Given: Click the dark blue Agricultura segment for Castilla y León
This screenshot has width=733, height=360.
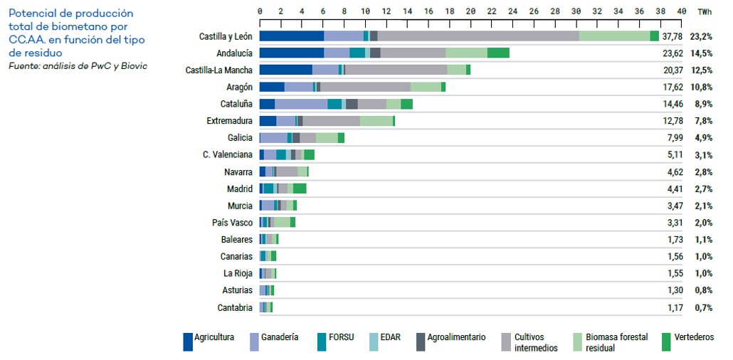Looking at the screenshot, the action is point(292,36).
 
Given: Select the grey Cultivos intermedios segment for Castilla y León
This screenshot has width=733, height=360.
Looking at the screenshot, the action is point(478,36).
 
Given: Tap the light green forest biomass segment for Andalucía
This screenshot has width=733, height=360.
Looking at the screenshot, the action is point(467,53).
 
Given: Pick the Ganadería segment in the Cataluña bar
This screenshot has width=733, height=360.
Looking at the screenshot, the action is point(301,104).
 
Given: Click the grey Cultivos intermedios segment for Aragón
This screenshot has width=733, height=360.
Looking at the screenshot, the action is point(366,87).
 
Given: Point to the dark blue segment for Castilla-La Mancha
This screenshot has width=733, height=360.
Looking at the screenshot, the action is point(286,70).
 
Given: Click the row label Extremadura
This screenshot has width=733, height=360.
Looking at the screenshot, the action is point(230,121).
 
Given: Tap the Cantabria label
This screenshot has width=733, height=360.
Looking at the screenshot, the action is point(235,307).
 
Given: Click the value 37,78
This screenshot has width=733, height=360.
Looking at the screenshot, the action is point(673,36).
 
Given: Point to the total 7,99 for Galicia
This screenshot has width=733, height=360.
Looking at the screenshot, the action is point(675,138).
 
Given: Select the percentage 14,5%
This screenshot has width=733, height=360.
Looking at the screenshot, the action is point(701,53).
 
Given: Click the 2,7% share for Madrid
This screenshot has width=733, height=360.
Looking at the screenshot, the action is point(703,189).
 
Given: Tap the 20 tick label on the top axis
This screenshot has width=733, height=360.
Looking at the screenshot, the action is point(470,11).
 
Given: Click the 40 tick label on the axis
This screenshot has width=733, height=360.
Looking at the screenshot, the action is point(682,11).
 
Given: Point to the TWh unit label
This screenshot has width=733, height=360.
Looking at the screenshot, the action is point(705,11).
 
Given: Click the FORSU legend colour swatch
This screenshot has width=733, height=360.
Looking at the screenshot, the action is point(321,342).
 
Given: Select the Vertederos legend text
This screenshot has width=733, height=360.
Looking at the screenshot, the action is point(694,337).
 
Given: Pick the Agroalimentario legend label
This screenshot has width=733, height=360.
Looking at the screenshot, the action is point(457,337).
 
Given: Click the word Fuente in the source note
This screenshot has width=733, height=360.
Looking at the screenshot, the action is point(23,66).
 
